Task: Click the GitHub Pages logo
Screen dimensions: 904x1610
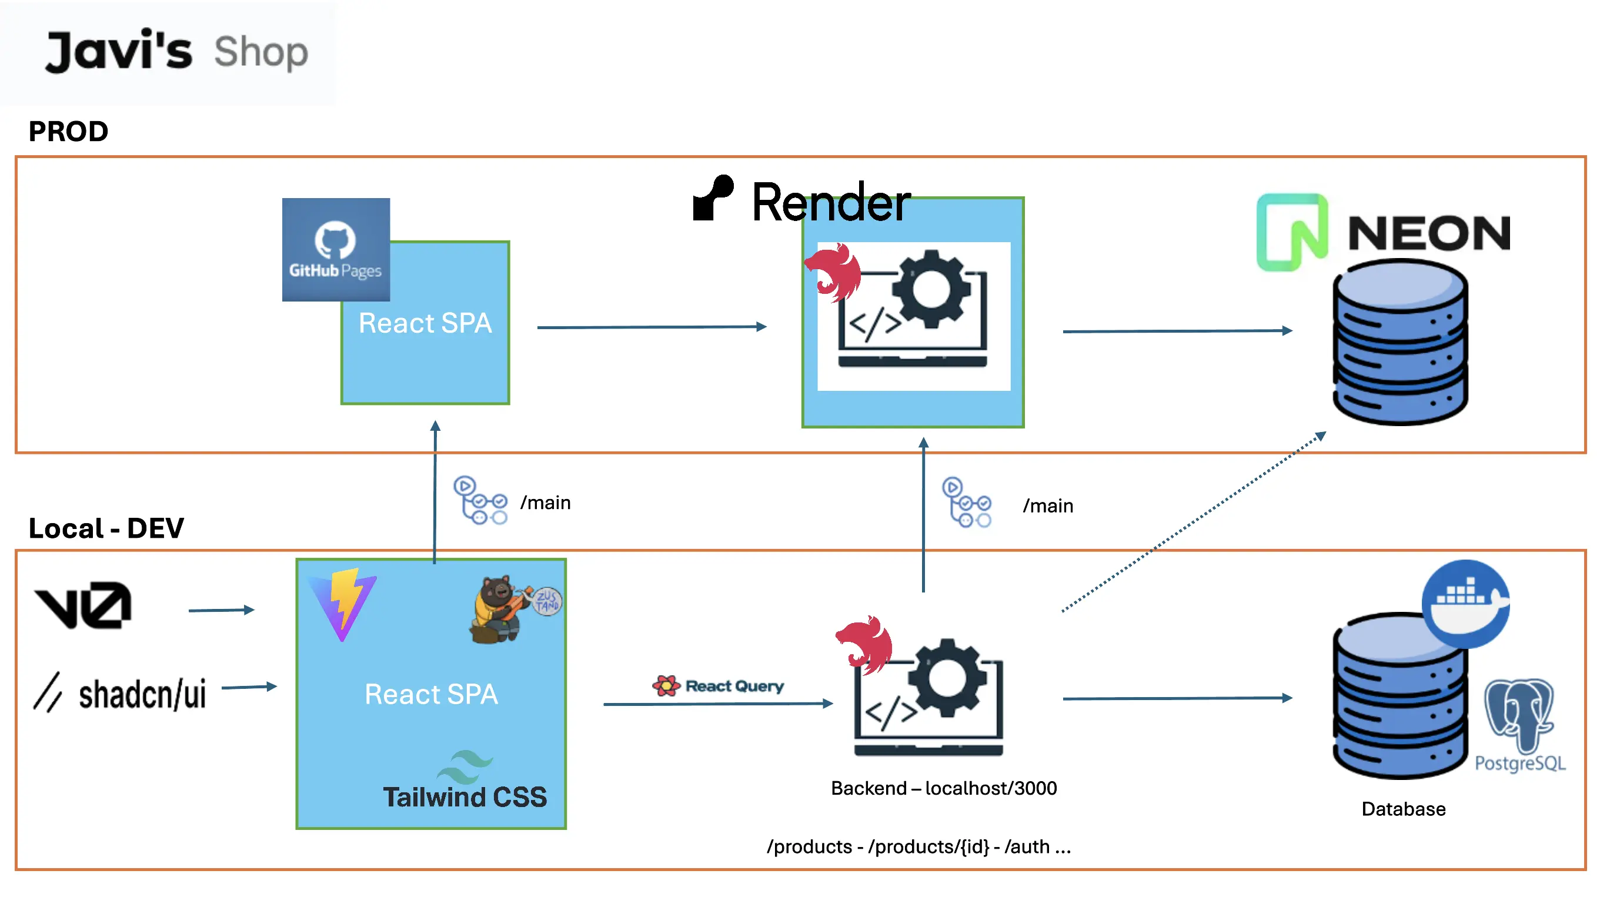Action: coord(336,249)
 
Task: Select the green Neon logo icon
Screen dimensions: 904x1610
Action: coord(1291,232)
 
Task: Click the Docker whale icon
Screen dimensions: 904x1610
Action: coord(1465,604)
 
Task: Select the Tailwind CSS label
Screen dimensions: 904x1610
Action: coord(465,796)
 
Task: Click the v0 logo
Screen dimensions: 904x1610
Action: coord(83,605)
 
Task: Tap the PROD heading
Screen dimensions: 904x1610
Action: coord(68,132)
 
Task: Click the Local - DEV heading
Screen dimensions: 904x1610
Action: coord(106,528)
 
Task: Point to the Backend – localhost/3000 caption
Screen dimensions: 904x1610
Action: coord(943,788)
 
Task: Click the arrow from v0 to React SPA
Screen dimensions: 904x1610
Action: coord(221,610)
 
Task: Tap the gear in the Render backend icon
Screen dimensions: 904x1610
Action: coord(931,288)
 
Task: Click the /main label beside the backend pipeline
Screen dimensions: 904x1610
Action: coord(1047,505)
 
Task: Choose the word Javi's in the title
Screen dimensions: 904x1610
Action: coord(119,51)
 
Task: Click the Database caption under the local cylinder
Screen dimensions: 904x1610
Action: coord(1402,809)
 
